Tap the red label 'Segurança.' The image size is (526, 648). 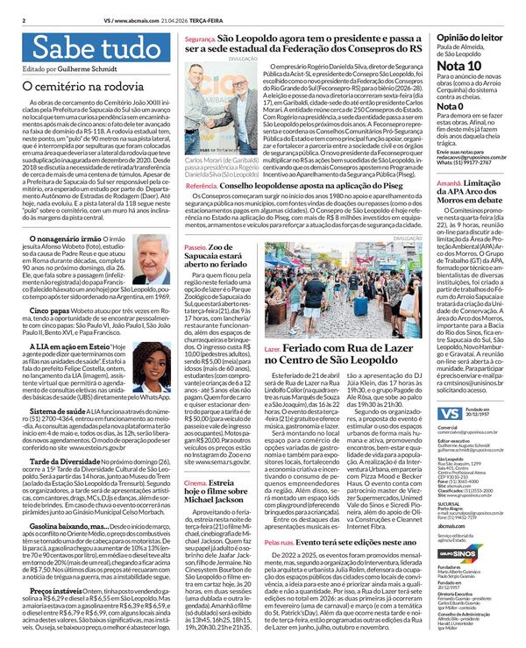(x=199, y=40)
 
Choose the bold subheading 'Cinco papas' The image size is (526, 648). (x=46, y=310)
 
